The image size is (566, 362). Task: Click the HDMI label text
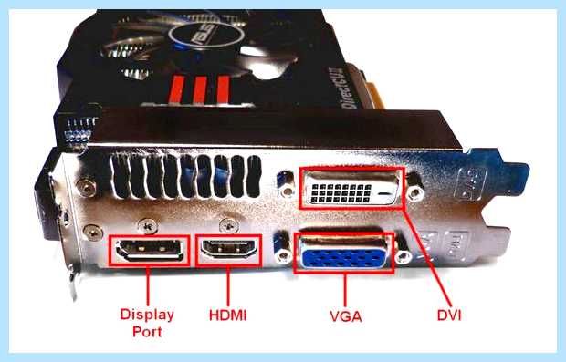(x=228, y=315)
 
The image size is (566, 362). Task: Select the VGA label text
(x=345, y=316)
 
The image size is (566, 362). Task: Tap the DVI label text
(x=449, y=315)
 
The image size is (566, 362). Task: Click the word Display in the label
(x=147, y=315)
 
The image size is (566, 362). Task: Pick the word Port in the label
(x=147, y=332)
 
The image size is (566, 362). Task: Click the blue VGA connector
(x=343, y=254)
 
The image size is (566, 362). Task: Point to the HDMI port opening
(x=229, y=248)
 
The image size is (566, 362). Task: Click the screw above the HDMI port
(x=229, y=225)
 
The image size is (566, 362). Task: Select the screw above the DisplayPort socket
(x=148, y=226)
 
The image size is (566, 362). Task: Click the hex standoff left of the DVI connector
(x=287, y=184)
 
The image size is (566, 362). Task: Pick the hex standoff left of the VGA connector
(x=283, y=250)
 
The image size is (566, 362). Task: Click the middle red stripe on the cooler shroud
(x=199, y=89)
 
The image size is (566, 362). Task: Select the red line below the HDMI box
(x=228, y=285)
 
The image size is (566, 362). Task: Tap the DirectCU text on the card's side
(x=349, y=88)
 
